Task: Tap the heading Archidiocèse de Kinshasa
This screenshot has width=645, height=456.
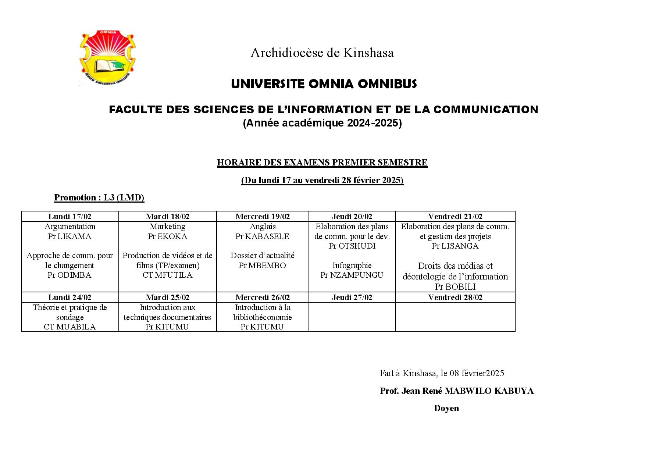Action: tap(322, 53)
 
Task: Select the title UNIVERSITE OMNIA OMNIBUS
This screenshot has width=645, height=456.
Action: tap(324, 84)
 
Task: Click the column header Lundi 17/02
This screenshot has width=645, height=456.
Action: tap(70, 217)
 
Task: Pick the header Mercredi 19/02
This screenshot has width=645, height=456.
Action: tap(263, 217)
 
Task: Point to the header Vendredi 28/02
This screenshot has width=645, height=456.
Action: tap(455, 298)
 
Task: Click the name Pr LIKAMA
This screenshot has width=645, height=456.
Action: tap(70, 236)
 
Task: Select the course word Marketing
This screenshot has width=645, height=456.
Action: tap(167, 227)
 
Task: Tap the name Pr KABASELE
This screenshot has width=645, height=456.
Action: tap(262, 236)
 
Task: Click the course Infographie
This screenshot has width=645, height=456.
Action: tap(352, 266)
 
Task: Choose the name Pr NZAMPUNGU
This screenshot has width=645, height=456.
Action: tap(352, 275)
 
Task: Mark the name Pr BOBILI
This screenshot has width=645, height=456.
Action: tap(455, 287)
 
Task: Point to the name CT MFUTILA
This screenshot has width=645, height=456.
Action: tap(167, 275)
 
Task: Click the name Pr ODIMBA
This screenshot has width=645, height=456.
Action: tap(70, 275)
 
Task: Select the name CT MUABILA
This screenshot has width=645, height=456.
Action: tap(70, 327)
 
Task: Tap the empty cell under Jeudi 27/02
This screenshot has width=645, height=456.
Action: tap(352, 317)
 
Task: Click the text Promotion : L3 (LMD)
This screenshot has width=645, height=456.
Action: tap(99, 197)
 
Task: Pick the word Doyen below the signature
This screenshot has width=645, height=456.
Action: tap(446, 408)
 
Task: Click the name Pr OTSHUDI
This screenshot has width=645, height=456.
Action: tap(352, 246)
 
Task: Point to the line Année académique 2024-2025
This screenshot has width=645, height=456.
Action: tap(322, 123)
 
